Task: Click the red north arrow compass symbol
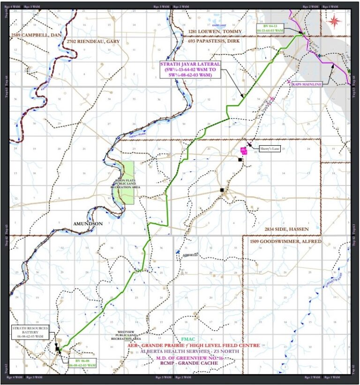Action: click(x=334, y=20)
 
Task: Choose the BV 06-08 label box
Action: click(x=82, y=363)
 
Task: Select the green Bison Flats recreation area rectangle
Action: click(x=127, y=183)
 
